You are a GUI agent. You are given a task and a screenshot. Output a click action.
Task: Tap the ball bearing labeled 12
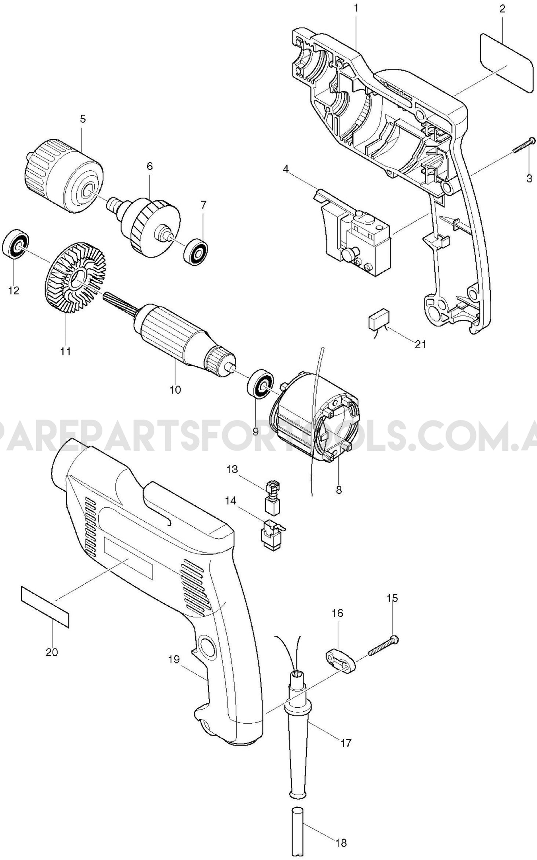click(16, 244)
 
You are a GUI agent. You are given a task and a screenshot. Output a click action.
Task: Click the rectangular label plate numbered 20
click(45, 611)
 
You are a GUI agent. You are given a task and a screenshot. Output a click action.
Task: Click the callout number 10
click(175, 389)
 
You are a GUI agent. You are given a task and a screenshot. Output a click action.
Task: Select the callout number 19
click(174, 660)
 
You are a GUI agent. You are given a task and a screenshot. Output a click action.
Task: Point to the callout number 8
click(339, 489)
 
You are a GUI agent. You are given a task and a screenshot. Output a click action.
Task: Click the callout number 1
click(356, 8)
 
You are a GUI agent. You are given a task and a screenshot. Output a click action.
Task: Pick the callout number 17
click(346, 742)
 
